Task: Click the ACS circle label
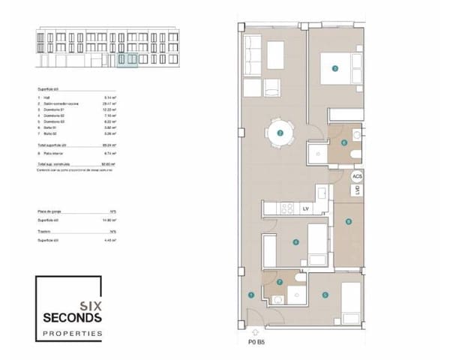click(x=357, y=176)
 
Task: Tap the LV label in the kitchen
click(x=305, y=208)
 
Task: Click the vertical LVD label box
click(x=358, y=191)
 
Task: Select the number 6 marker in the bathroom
click(x=344, y=142)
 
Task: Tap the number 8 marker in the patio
click(x=348, y=221)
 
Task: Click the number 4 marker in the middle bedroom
click(x=296, y=242)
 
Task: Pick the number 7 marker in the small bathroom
click(x=280, y=283)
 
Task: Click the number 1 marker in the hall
click(x=250, y=295)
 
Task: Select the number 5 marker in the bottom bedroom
click(x=325, y=295)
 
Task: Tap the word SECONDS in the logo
click(x=71, y=317)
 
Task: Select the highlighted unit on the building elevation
click(x=128, y=59)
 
